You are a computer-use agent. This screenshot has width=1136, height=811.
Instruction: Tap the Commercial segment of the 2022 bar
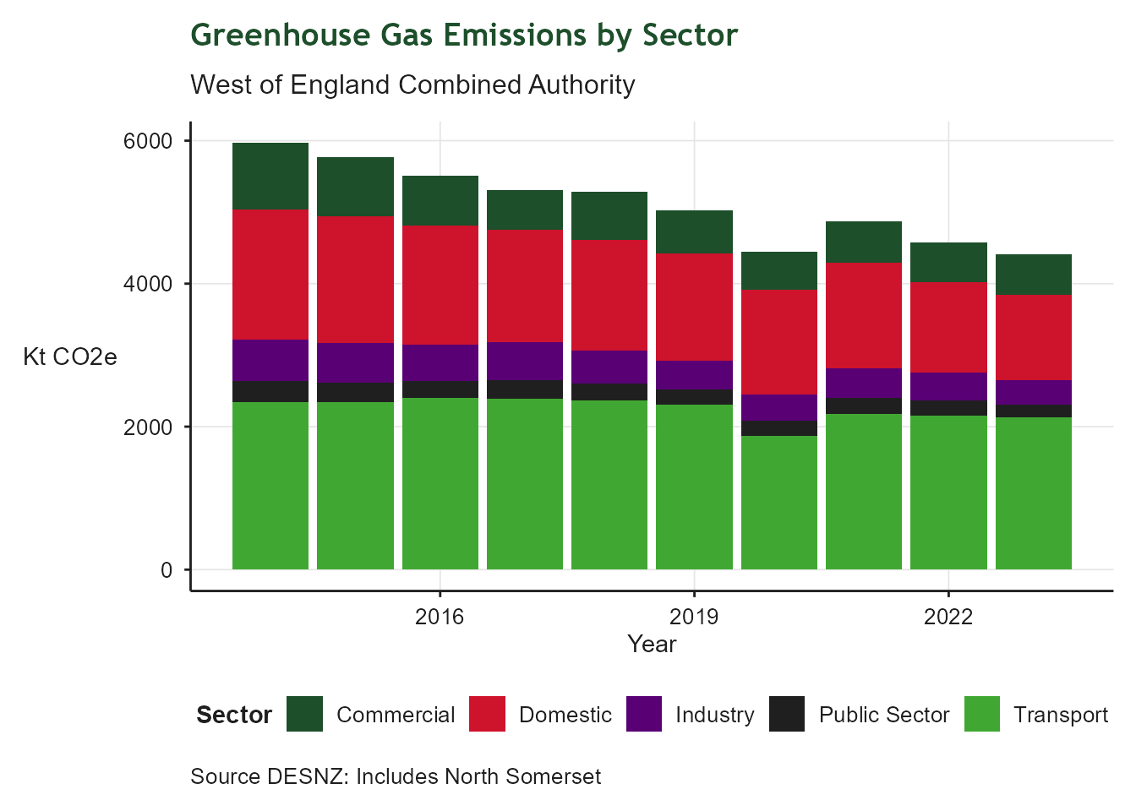[948, 262]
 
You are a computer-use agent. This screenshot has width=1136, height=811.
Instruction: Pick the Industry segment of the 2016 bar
[440, 362]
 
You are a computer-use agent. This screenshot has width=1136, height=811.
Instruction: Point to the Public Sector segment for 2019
[694, 397]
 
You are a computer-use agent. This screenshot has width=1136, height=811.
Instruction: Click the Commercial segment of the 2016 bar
[440, 200]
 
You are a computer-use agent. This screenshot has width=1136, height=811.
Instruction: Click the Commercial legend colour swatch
[304, 714]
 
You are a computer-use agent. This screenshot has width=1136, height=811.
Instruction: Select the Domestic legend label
[565, 715]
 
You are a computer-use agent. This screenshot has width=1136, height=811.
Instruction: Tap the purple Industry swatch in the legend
[644, 714]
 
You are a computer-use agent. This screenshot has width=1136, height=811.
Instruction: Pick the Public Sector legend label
[883, 715]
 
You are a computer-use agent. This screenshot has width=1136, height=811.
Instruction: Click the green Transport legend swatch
[981, 714]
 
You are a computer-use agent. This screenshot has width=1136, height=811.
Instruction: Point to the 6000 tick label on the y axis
[148, 141]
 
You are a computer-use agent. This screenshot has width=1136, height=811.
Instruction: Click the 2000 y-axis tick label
[148, 427]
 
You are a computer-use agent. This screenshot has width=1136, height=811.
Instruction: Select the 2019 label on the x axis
[694, 617]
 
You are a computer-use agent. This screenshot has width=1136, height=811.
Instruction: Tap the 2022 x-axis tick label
[948, 617]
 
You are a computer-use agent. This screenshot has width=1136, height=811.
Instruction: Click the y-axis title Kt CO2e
[70, 357]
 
